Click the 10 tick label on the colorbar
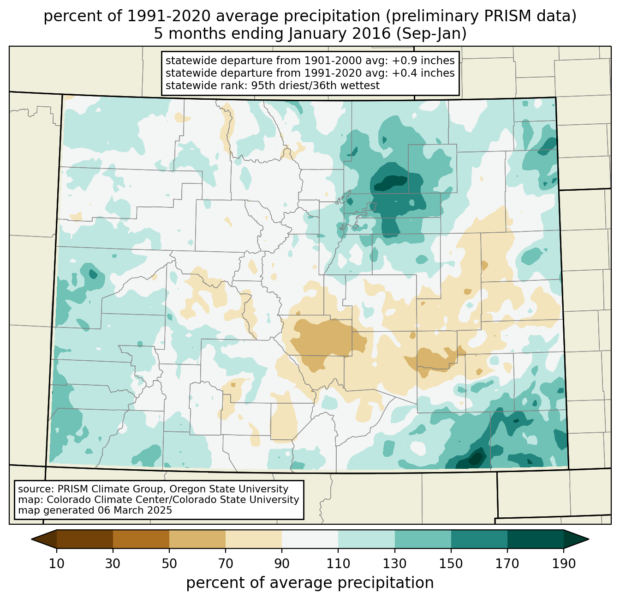point(57,564)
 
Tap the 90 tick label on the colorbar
point(282,564)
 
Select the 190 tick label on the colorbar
point(563,564)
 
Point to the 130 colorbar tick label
point(394,564)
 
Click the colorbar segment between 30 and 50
point(141,539)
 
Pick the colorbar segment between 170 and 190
point(535,539)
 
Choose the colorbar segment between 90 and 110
point(310,539)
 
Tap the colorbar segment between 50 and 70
point(197,539)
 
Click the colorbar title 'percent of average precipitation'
point(310,583)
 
